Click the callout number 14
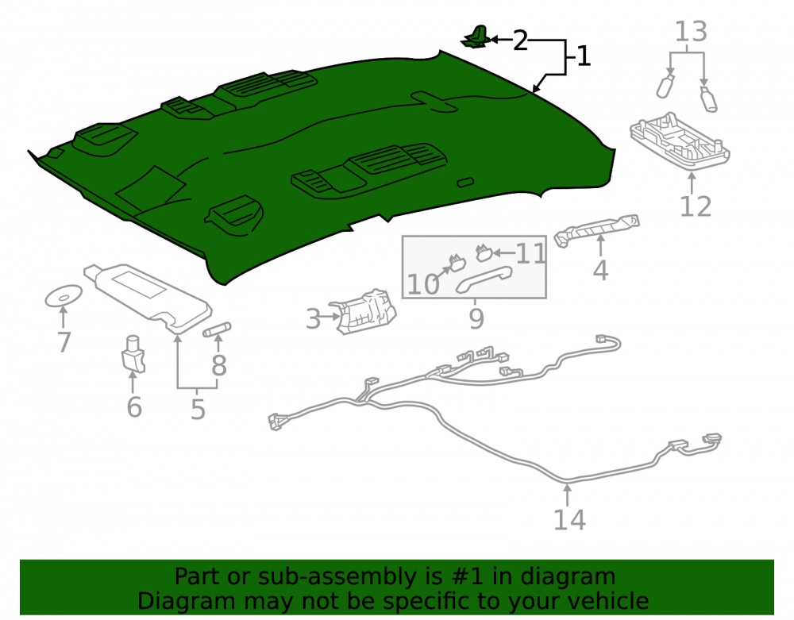click(x=569, y=520)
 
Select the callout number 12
click(x=696, y=206)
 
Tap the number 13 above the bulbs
click(x=691, y=32)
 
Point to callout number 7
click(x=64, y=342)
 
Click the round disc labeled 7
click(x=64, y=296)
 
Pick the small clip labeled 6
click(x=133, y=354)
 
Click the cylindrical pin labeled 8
click(x=217, y=329)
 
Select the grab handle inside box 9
click(x=484, y=279)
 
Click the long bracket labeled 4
click(x=596, y=230)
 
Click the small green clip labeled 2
click(x=476, y=37)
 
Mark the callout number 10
click(x=423, y=284)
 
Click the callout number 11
click(x=530, y=253)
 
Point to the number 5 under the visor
click(x=198, y=410)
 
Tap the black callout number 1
click(x=584, y=56)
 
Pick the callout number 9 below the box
click(x=476, y=318)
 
